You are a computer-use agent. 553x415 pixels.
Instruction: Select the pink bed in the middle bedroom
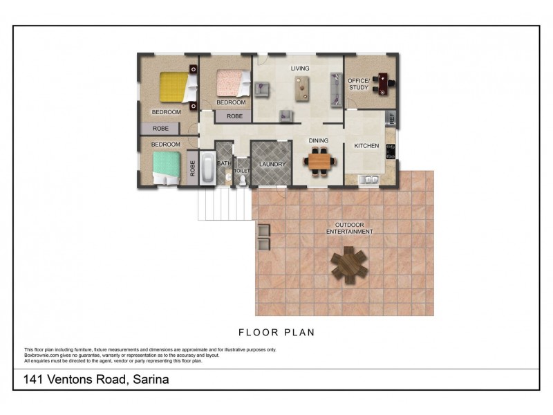click(230, 84)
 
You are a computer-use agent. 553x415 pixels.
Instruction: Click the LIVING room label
click(300, 68)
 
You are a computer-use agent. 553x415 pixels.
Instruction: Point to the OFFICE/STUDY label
click(359, 84)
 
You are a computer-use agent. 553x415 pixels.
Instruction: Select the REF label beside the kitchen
click(392, 119)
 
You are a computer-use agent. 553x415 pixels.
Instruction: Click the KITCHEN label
click(366, 146)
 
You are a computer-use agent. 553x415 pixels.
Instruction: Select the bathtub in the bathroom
click(207, 167)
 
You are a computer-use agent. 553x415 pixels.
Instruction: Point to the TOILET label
click(241, 170)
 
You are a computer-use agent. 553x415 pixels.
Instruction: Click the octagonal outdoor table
click(349, 263)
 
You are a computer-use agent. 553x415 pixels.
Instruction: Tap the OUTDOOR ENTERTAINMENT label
click(349, 228)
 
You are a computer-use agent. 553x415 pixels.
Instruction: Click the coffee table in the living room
click(302, 89)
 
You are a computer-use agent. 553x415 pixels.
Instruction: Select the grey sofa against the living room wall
click(337, 90)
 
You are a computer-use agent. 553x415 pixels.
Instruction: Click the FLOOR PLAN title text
click(276, 333)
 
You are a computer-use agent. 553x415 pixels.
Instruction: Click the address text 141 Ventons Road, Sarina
click(96, 380)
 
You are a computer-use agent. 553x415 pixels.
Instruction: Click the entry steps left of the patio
click(225, 204)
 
